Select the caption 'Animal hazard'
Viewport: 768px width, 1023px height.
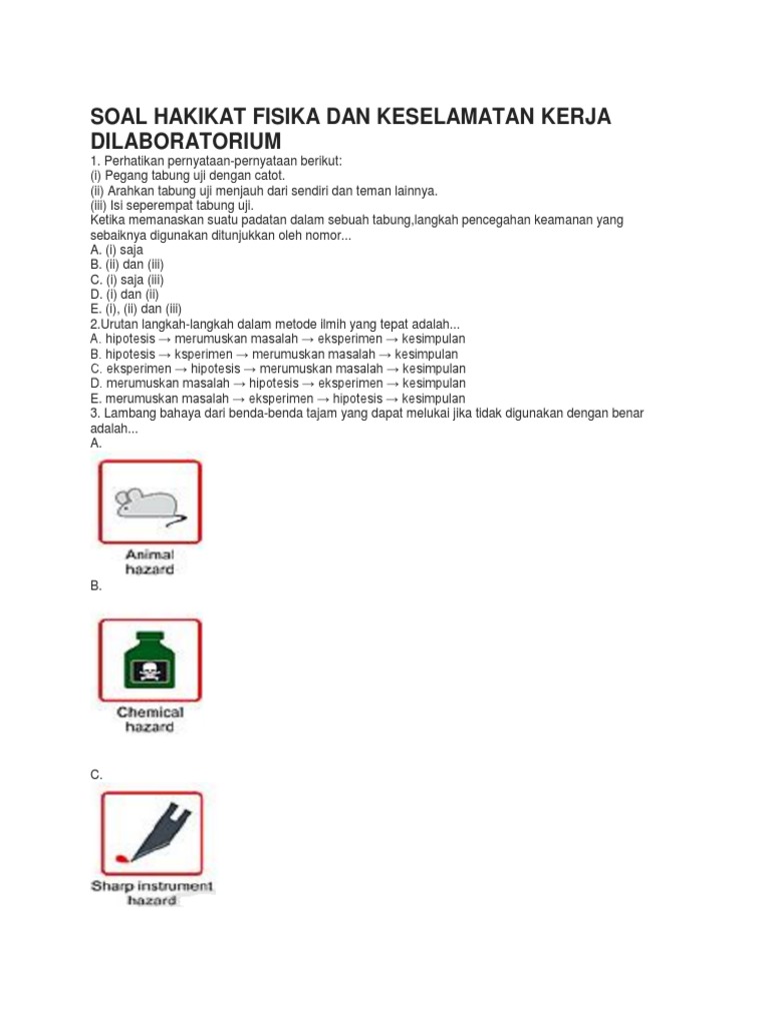[x=149, y=561]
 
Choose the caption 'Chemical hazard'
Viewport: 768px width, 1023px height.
[x=150, y=719]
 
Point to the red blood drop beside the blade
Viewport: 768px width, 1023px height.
[x=122, y=857]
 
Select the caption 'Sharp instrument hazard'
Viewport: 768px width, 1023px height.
[x=152, y=892]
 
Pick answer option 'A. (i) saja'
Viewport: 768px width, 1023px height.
[x=116, y=250]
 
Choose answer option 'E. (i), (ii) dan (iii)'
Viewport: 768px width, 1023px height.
[x=137, y=310]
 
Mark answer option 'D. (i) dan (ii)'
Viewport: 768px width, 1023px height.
[x=124, y=295]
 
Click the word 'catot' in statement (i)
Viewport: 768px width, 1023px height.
[x=269, y=175]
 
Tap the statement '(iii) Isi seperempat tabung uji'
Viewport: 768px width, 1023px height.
[x=172, y=205]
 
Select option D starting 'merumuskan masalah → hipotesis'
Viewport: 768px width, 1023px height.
[x=277, y=384]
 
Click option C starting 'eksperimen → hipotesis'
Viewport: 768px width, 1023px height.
[x=277, y=369]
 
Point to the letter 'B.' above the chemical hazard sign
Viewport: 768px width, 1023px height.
[x=96, y=586]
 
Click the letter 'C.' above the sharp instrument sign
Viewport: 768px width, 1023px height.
[x=96, y=774]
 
